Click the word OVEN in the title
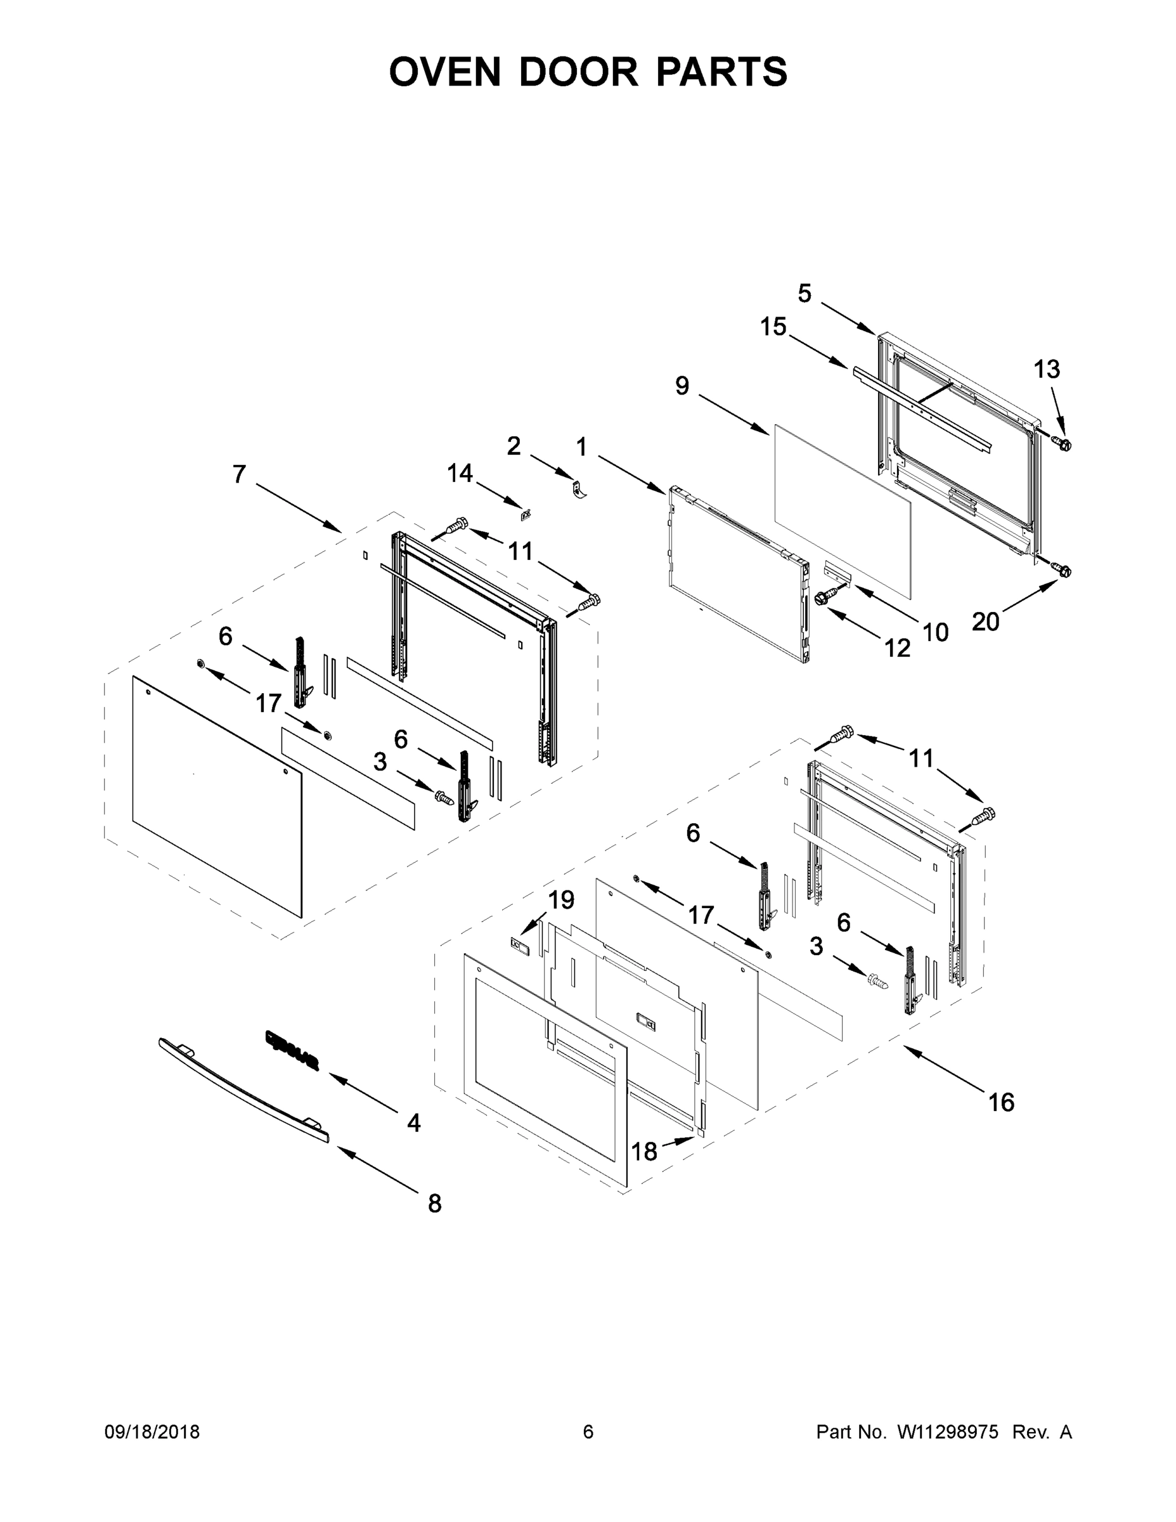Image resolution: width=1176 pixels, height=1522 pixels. (x=444, y=72)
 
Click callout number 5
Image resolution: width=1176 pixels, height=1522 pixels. (x=804, y=294)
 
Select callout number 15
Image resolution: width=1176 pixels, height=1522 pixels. (x=773, y=326)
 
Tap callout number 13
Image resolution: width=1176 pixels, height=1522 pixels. (x=1047, y=369)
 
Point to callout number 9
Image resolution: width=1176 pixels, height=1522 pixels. (x=682, y=386)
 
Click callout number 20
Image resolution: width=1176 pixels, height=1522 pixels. (x=986, y=621)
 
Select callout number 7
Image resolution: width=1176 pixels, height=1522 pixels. (x=239, y=474)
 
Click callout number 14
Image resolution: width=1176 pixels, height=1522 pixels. (x=460, y=473)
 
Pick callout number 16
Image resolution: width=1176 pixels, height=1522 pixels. (x=1001, y=1102)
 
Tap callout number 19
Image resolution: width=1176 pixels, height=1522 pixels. (x=562, y=900)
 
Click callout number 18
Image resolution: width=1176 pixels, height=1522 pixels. (x=645, y=1152)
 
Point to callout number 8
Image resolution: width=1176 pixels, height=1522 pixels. (x=435, y=1203)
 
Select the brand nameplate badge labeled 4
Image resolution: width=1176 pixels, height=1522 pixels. (x=292, y=1050)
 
